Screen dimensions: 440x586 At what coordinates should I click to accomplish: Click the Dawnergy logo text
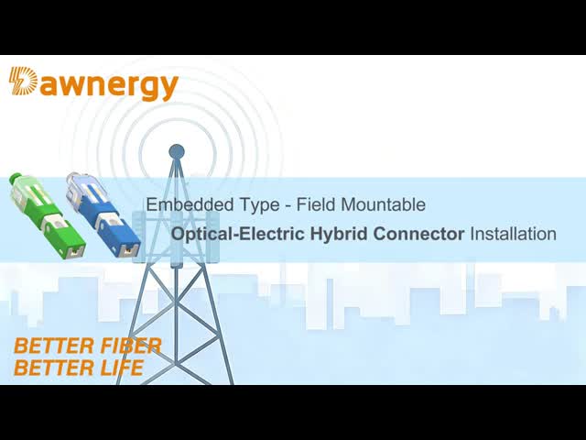(x=93, y=84)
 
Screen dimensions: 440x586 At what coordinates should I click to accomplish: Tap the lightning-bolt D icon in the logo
(x=23, y=82)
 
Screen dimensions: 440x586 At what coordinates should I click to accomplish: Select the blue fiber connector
(x=103, y=213)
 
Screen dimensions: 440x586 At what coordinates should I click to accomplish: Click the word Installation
(x=513, y=234)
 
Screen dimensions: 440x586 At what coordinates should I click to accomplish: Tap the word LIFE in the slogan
(x=119, y=368)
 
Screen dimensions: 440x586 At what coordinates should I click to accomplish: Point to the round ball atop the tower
(x=177, y=151)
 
